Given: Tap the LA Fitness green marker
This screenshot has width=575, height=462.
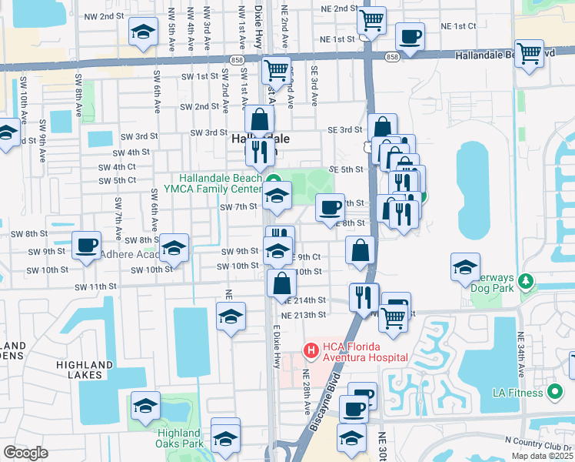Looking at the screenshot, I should point(554,393).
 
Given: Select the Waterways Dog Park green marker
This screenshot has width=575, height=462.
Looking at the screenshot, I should point(527,281).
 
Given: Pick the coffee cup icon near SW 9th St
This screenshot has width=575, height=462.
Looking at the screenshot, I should point(86,246).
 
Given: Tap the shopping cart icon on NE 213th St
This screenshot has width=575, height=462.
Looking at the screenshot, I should point(393,316).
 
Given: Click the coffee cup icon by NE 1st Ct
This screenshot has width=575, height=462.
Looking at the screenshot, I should point(409,36).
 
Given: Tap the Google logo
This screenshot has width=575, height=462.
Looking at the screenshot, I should point(25,453).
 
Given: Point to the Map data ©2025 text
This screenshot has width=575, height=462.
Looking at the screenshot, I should point(542,456).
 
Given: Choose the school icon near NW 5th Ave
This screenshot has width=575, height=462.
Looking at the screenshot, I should point(142,32).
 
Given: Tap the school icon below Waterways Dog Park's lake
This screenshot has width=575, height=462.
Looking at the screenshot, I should point(465,267).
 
